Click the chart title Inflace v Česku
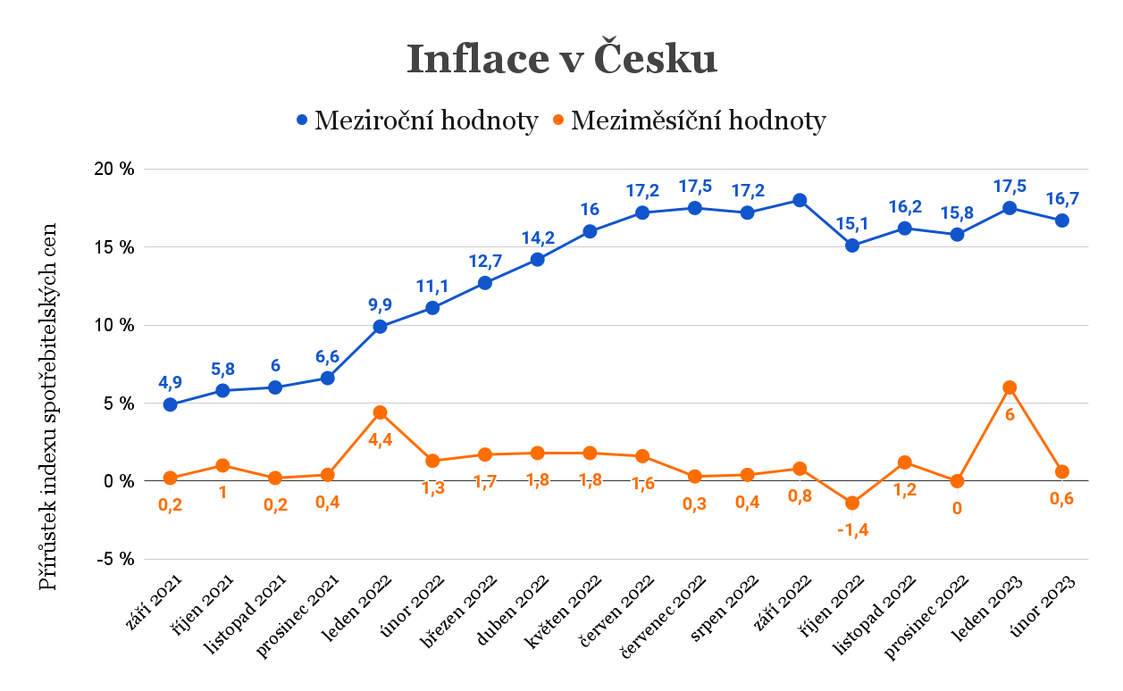tap(562, 60)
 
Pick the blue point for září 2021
tap(171, 404)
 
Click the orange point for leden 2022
tap(381, 412)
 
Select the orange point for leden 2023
tap(1010, 387)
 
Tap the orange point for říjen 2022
tap(852, 503)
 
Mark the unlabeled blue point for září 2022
tap(800, 200)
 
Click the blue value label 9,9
tap(381, 304)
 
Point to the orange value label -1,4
tap(852, 529)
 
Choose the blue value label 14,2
tap(538, 237)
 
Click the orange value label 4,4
tap(381, 439)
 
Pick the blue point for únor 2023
tap(1062, 221)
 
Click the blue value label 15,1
tap(852, 223)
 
